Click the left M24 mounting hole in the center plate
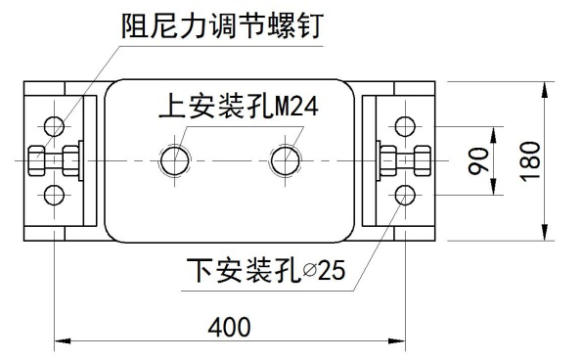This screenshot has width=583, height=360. pos(177,159)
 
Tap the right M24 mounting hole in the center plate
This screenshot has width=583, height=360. pos(286,159)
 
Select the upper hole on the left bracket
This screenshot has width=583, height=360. pos(52,126)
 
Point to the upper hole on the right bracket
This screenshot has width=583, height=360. pos(402,126)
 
